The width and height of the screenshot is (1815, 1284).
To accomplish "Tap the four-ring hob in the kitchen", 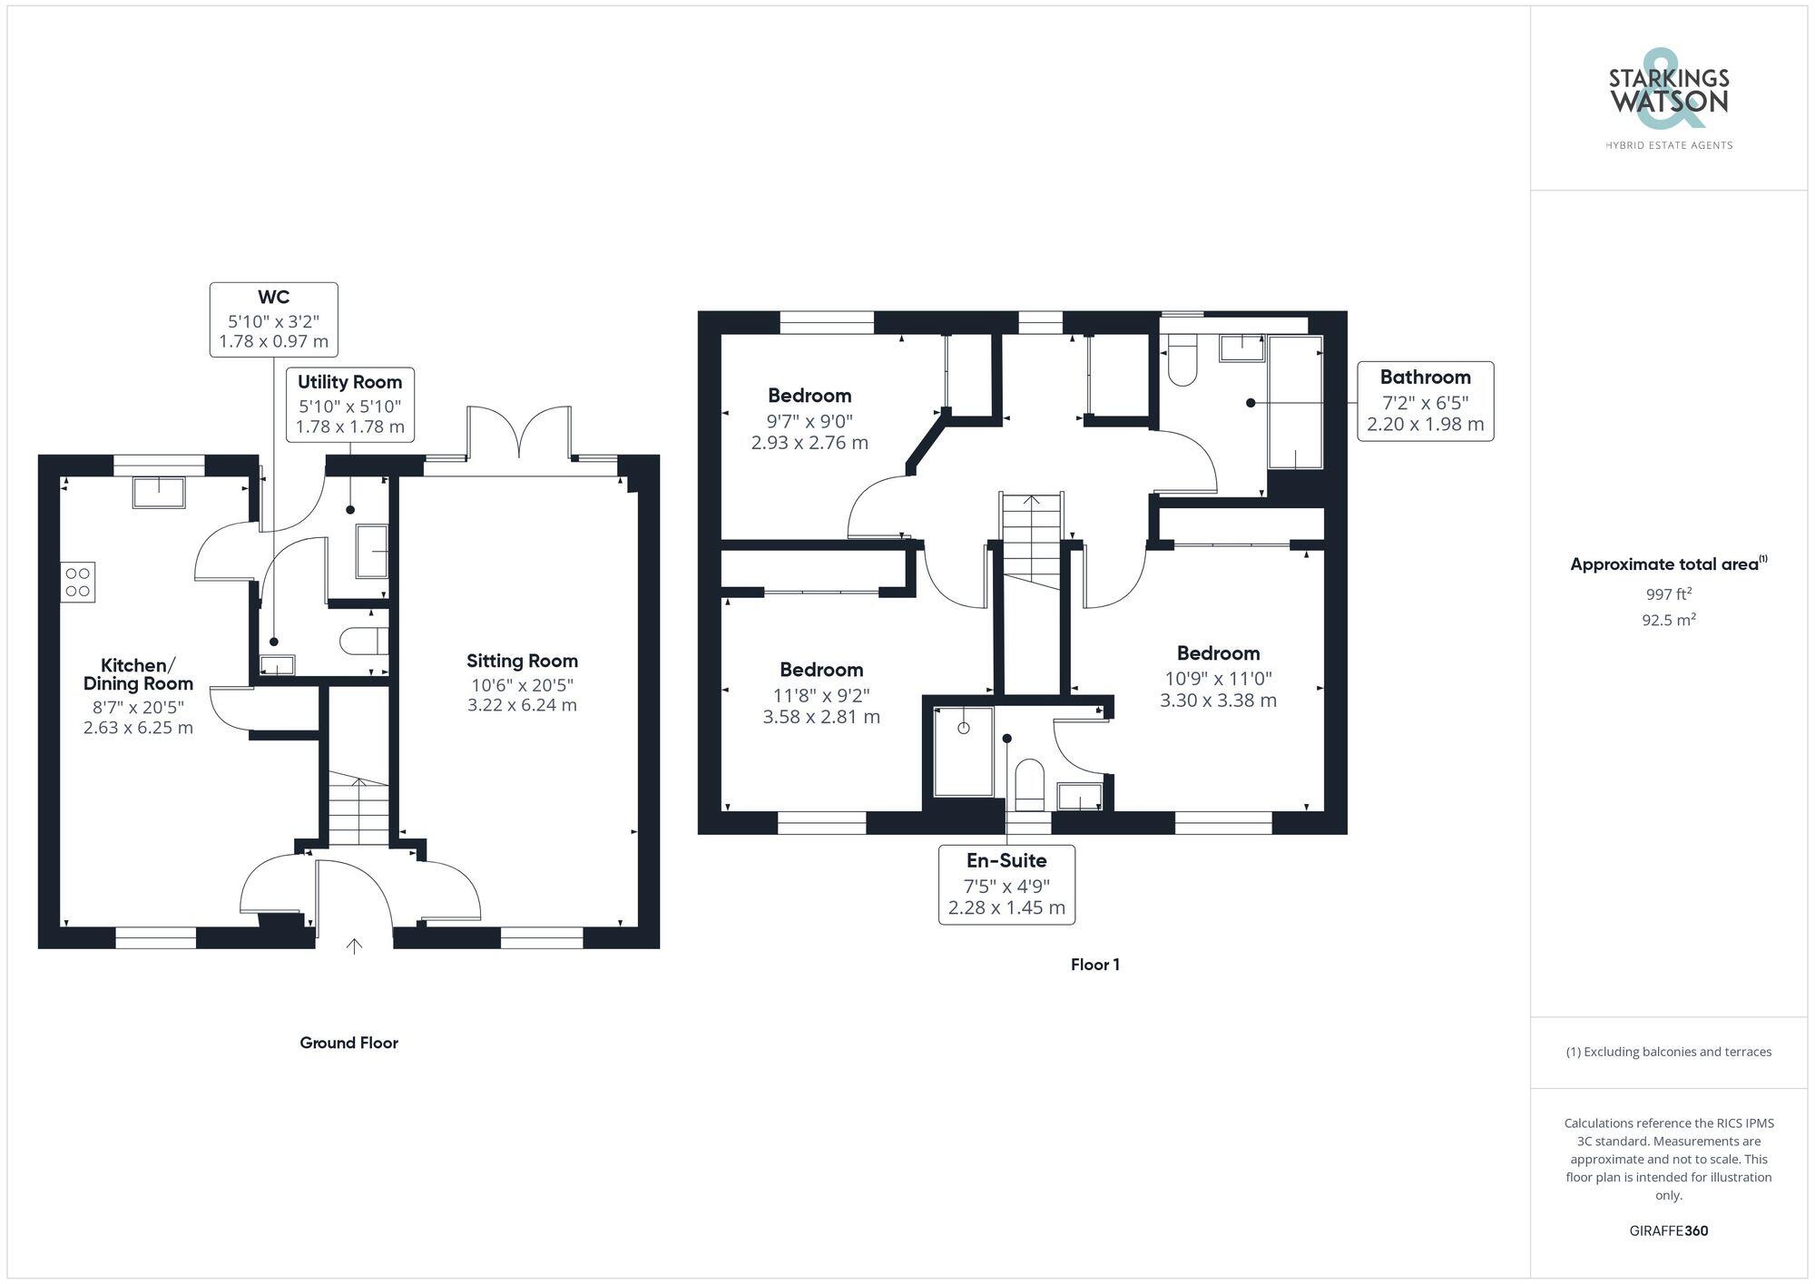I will coord(78,582).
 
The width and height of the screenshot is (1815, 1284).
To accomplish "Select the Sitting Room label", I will coord(522,662).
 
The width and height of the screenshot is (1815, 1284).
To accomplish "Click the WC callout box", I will coord(273,319).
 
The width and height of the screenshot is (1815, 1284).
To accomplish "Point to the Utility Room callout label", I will coord(349,404).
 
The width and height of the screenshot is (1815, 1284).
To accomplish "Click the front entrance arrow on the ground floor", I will coord(354,946).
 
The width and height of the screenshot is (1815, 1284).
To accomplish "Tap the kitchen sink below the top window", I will coord(159,491).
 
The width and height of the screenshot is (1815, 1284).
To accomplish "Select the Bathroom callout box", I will coord(1425,401).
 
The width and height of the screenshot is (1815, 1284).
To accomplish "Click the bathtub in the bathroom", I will coord(1295,402).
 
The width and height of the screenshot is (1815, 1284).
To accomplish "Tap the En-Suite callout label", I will coord(1006,884).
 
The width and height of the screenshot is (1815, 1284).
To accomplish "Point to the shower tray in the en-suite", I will coord(963,751).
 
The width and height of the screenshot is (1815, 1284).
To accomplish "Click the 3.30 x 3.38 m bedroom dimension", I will coord(1218,701).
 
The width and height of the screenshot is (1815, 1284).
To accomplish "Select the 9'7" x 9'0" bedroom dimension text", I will coord(809,421).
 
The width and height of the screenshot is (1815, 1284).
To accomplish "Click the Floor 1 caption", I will coord(1094,965).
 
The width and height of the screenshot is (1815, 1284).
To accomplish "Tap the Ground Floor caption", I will coord(348,1043).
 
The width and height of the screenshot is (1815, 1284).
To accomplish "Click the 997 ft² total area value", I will coord(1668,594).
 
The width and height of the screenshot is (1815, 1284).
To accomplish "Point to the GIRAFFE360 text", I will coord(1668,1230).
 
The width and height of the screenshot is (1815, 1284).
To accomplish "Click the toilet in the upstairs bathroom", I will coord(1182,361).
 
